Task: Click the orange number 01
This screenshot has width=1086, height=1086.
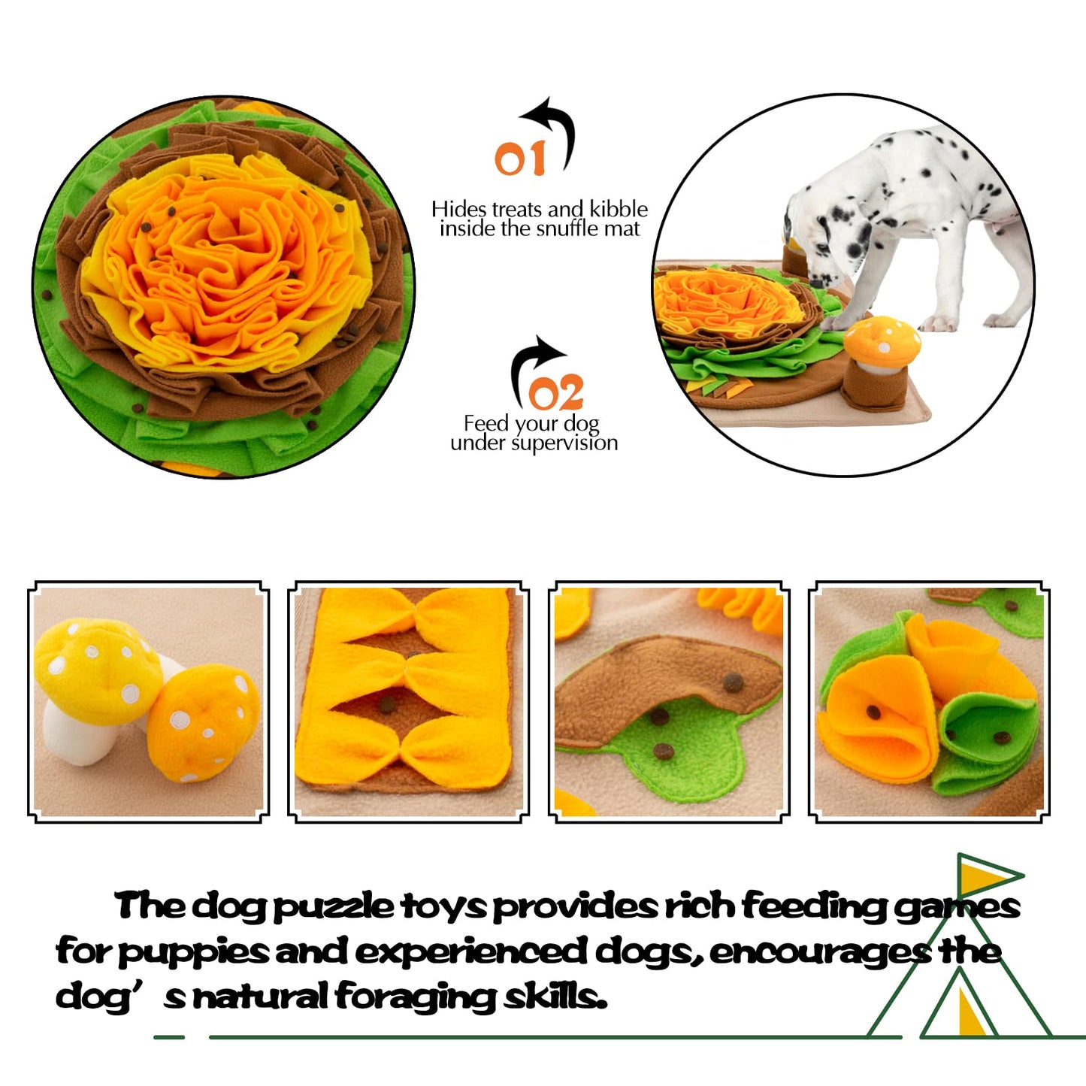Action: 520,158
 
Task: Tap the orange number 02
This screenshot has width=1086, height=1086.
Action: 555,392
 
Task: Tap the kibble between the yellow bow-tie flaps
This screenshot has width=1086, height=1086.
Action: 386,704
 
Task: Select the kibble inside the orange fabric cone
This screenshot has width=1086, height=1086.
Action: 873,712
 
